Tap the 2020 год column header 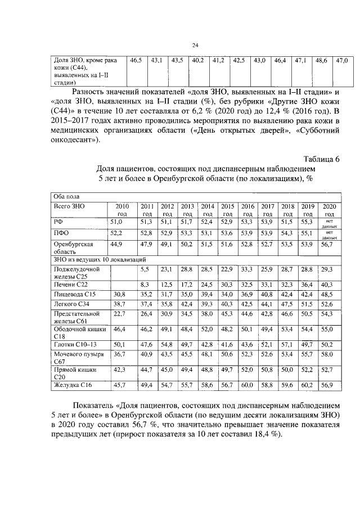(x=329, y=210)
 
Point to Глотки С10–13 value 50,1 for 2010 (x=120, y=344)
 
